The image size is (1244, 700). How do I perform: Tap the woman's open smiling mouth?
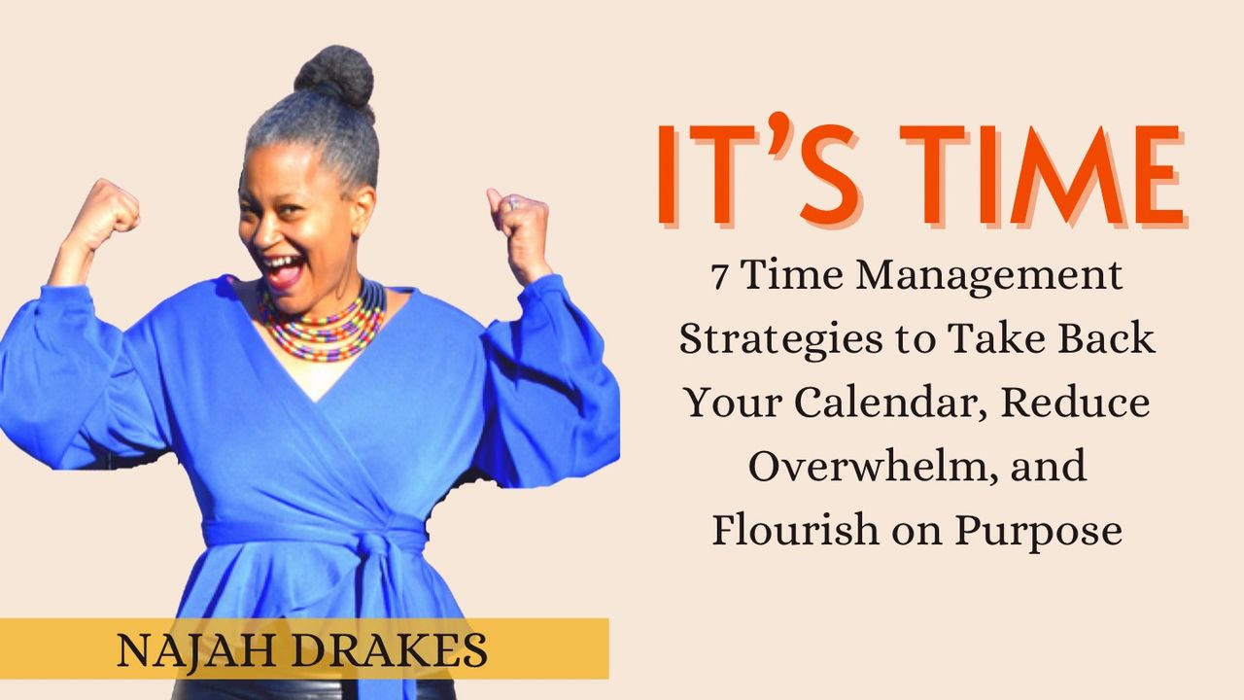point(283,268)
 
